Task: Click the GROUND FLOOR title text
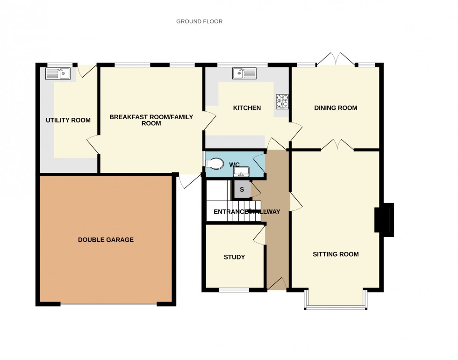pos(199,22)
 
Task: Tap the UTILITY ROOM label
pos(68,120)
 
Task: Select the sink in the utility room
pos(58,73)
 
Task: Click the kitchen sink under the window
pos(244,73)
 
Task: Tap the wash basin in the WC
pos(242,172)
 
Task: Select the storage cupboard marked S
pos(242,189)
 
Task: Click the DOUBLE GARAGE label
pos(106,240)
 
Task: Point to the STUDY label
pos(234,257)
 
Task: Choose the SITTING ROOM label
pos(336,254)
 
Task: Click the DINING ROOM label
pos(336,108)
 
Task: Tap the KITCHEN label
pos(247,108)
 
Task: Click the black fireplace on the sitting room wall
pos(384,218)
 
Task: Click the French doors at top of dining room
pos(336,59)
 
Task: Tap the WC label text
pos(234,164)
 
